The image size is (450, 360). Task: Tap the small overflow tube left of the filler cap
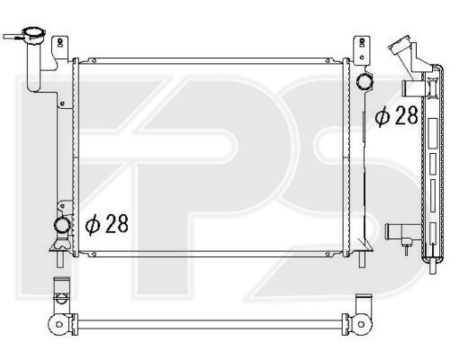point(13,37)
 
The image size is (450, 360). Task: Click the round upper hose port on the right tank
point(364,81)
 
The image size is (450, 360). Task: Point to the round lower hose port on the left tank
point(62,225)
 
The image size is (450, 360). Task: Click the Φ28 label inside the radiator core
point(107,224)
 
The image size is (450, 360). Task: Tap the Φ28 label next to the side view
point(396,115)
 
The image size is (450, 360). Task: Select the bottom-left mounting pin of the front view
point(60,259)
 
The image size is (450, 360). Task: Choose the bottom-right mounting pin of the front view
point(363,259)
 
